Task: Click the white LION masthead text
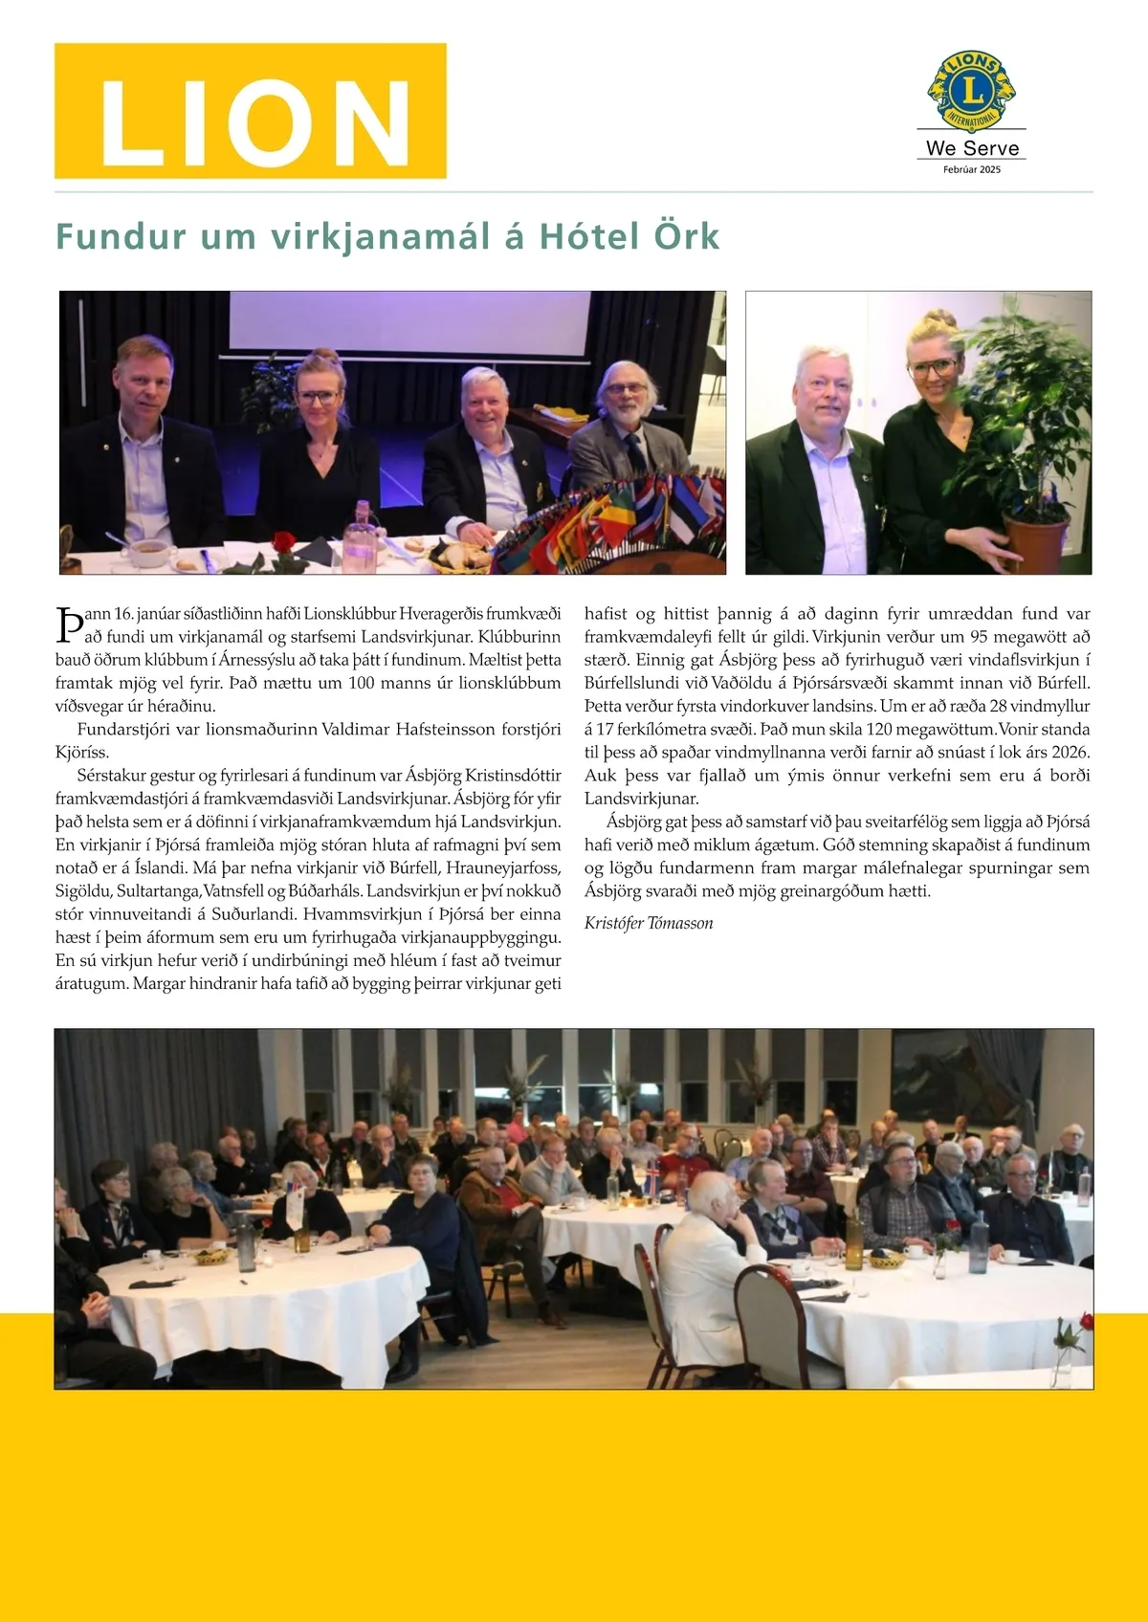[253, 121]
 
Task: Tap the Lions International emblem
[971, 91]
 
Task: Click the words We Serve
[972, 148]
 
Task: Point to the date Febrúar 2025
[972, 169]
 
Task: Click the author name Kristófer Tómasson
[649, 923]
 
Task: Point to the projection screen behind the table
[409, 320]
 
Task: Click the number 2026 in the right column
[1070, 753]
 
